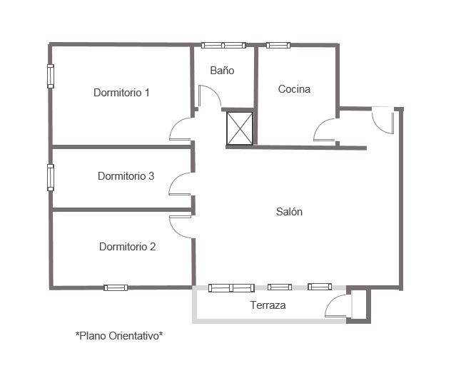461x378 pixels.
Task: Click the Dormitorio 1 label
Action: click(121, 93)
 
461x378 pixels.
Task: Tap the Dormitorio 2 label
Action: click(127, 246)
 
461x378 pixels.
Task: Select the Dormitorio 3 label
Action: click(126, 175)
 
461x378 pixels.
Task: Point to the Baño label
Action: click(222, 70)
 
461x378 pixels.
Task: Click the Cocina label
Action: click(294, 88)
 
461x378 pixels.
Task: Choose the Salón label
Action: click(289, 211)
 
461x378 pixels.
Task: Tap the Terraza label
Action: click(268, 305)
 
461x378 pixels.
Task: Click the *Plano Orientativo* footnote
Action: click(119, 335)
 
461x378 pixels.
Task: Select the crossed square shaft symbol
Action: click(240, 128)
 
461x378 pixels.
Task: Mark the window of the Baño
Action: click(223, 45)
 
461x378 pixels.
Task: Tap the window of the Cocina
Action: click(278, 45)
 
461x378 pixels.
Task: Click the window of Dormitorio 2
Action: click(116, 287)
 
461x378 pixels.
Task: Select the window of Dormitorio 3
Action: click(51, 178)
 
